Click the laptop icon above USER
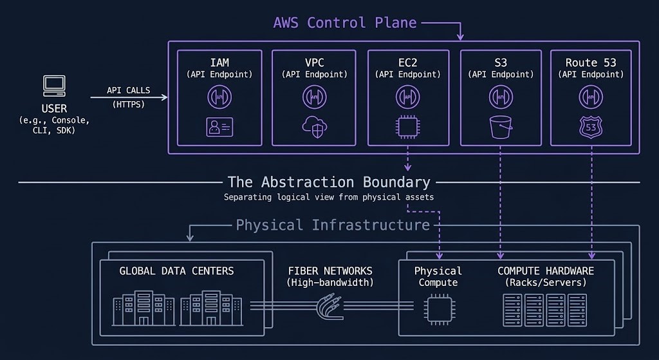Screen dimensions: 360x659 [x=54, y=85]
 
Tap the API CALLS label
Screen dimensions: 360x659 [x=129, y=91]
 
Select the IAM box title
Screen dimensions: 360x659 [x=219, y=62]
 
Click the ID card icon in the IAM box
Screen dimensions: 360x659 [x=219, y=128]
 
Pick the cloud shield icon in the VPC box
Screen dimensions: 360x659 [x=314, y=128]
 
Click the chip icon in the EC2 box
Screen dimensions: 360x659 [x=408, y=128]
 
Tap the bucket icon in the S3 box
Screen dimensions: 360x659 [x=501, y=128]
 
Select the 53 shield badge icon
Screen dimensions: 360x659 [x=591, y=128]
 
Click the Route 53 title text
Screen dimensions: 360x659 [x=591, y=62]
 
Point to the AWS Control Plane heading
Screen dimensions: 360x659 [x=345, y=23]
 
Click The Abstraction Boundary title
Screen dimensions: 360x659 [x=329, y=182]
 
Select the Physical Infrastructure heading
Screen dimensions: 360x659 [x=333, y=225]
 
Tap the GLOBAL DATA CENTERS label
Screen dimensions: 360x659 [x=176, y=270]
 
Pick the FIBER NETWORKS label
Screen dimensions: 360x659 [x=330, y=270]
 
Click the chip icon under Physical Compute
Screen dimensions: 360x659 [x=437, y=307]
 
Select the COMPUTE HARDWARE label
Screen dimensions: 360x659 [x=546, y=270]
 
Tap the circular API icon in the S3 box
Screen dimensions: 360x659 [x=501, y=97]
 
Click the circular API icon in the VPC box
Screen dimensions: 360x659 [x=314, y=97]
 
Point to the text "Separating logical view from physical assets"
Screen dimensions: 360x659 [x=329, y=197]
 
